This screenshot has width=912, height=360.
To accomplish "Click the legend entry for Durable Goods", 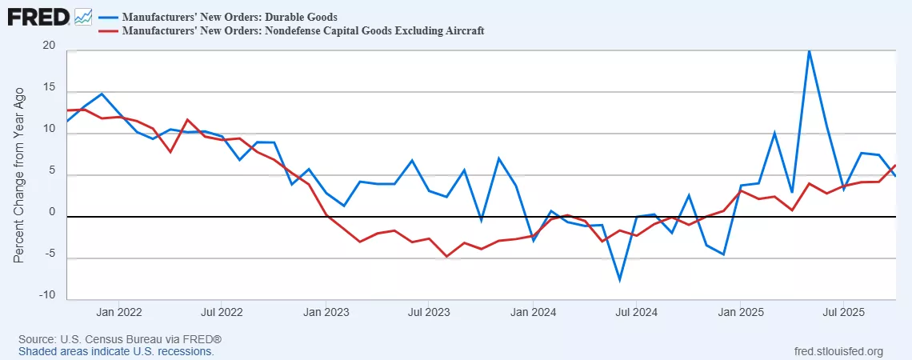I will point(229,16).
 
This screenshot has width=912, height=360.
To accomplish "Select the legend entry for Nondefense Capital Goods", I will point(303,31).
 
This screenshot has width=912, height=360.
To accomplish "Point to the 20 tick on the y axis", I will point(49,46).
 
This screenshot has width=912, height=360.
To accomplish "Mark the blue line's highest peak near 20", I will point(809,50).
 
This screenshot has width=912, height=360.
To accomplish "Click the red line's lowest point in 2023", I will point(446,257).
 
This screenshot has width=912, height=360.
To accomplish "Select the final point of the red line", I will point(895,165).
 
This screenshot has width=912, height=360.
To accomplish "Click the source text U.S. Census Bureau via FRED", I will point(119,340).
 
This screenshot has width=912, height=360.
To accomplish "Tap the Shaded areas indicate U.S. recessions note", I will point(116,351).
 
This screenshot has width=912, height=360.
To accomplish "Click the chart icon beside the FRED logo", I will point(83,16).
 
